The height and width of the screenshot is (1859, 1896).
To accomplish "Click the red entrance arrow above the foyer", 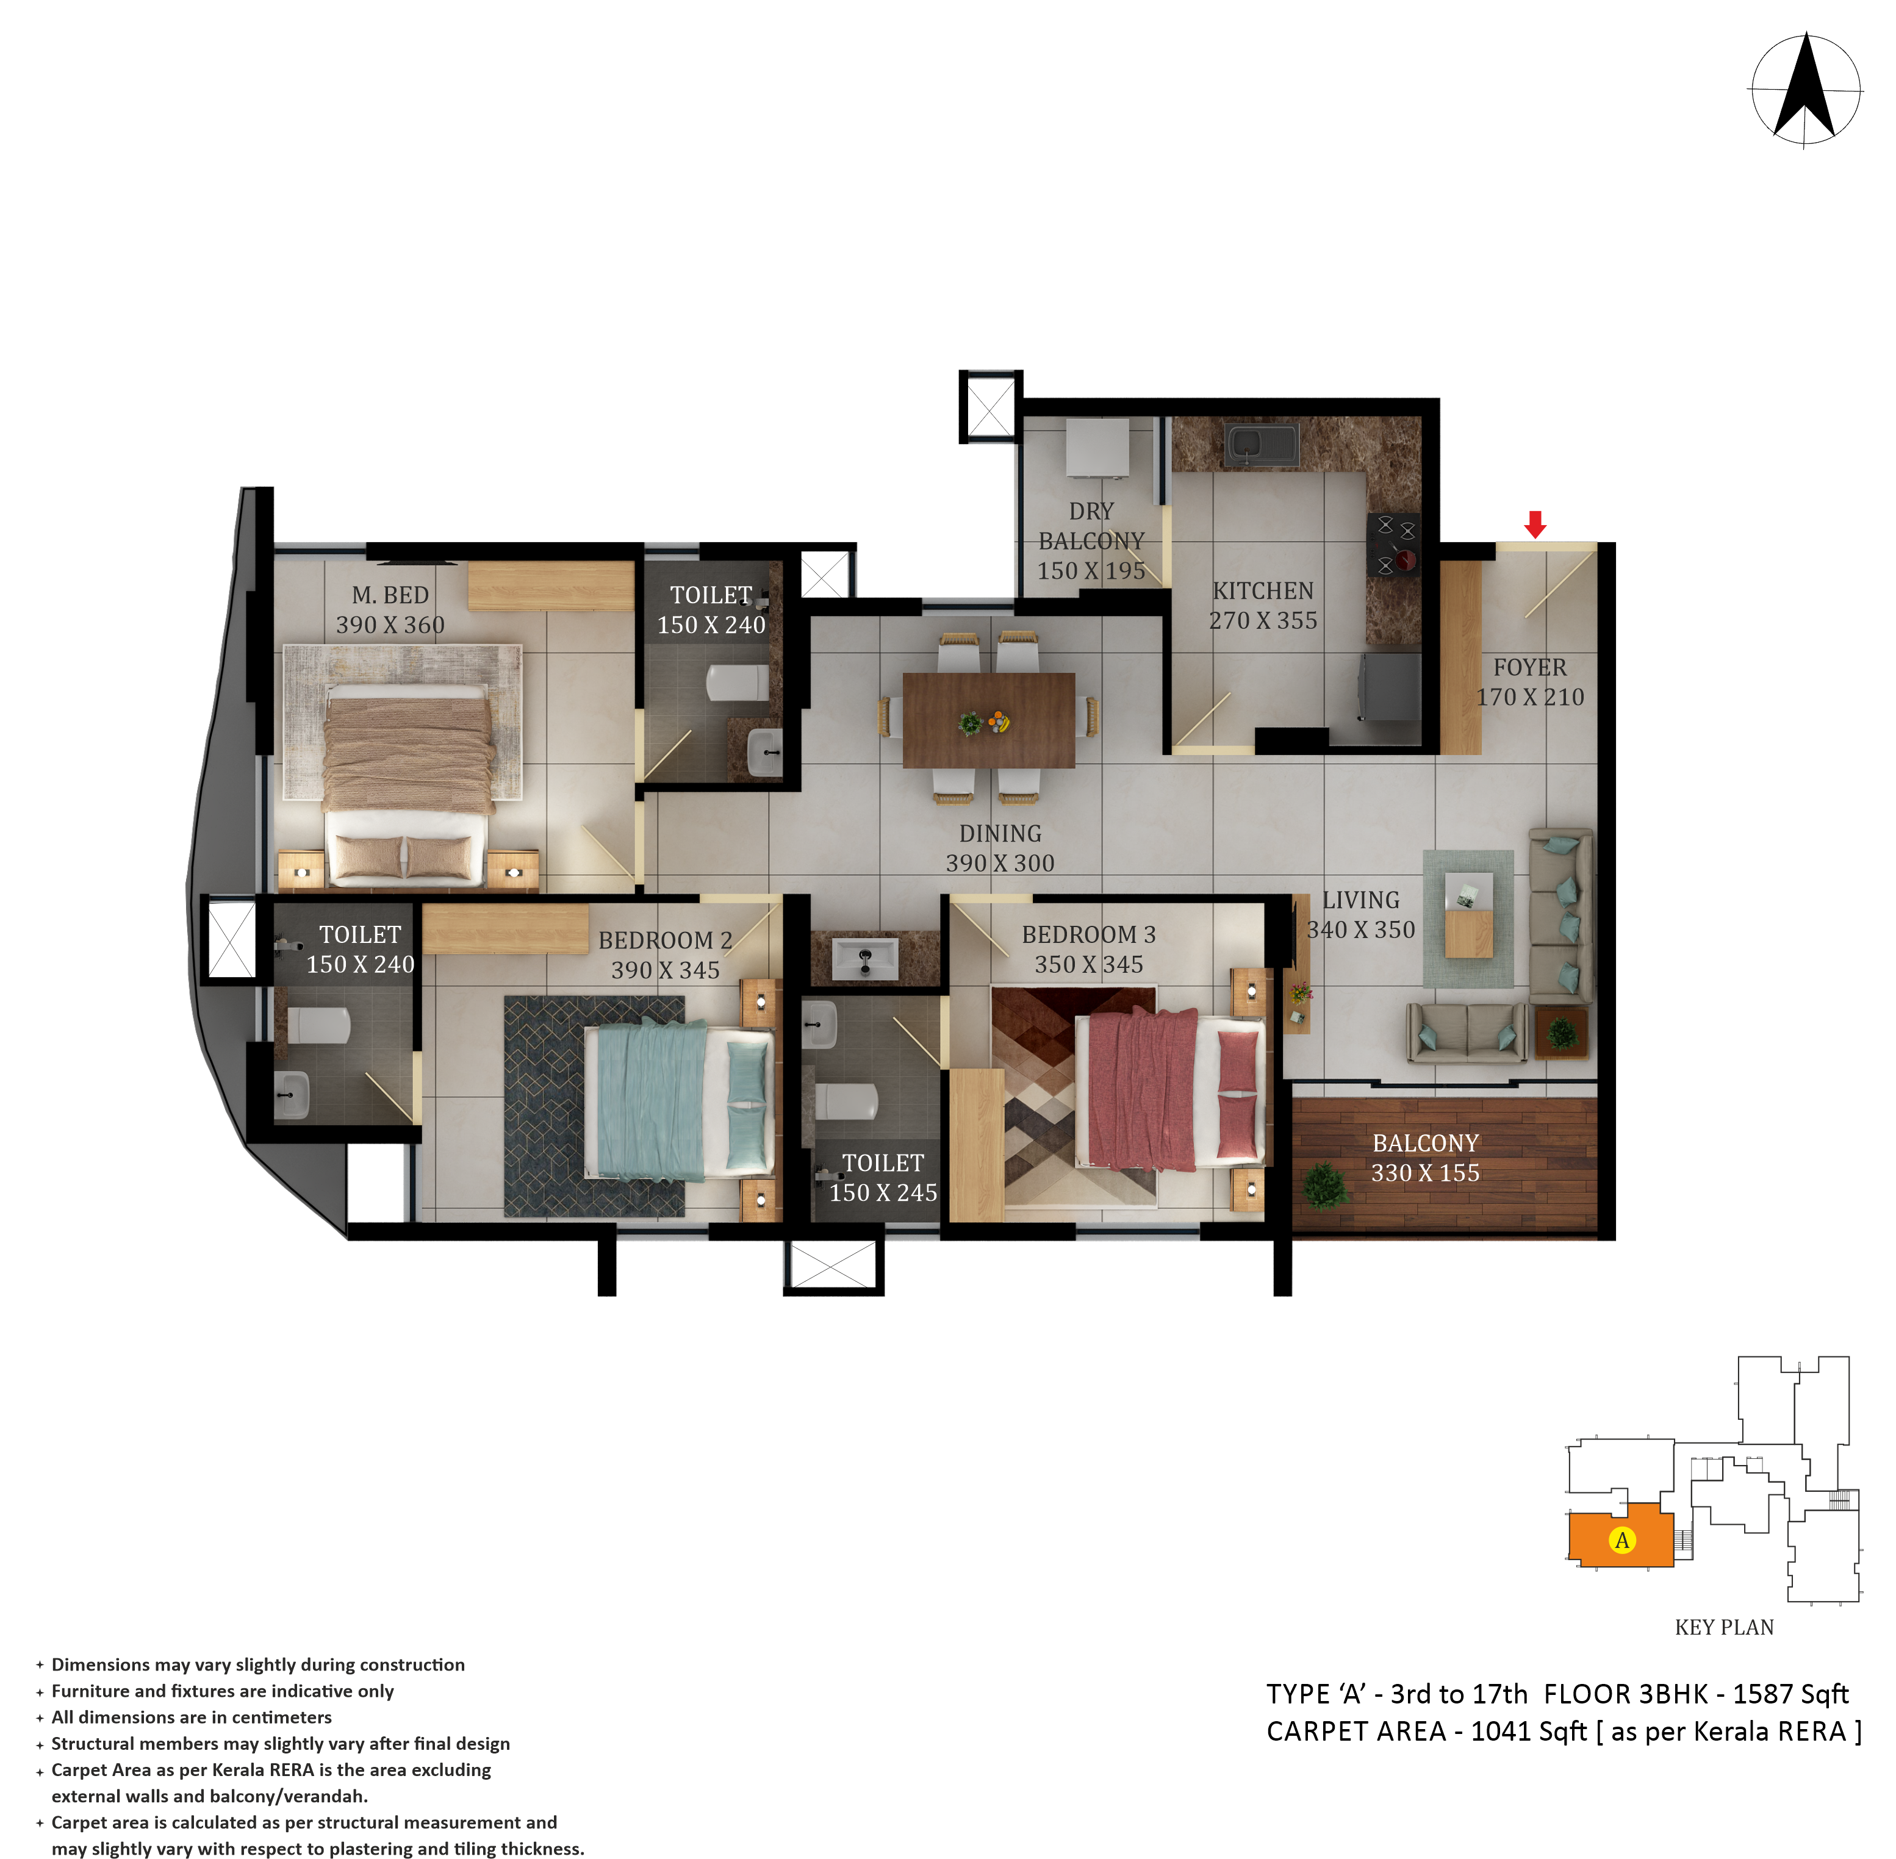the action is pos(1535,525).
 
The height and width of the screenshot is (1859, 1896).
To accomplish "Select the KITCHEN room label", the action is pos(1262,591).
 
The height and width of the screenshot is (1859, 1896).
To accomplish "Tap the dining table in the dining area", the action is pos(988,720).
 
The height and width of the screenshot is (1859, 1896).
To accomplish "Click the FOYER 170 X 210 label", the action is pos(1530,681).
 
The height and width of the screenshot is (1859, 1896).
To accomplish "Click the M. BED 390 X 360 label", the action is pos(390,609).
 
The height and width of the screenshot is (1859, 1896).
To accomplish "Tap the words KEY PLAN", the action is pos(1724,1627).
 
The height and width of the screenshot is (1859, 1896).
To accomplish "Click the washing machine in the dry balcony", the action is pos(1097,448).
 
